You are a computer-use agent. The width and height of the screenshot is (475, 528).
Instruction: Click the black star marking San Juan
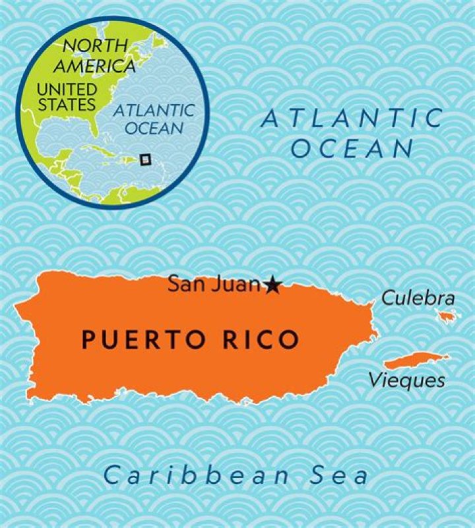pos(272,285)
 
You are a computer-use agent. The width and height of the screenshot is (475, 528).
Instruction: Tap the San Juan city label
pos(214,284)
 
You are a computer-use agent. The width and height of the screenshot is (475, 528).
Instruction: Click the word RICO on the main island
pos(260,339)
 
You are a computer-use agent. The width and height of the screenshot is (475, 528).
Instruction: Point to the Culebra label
pos(418,298)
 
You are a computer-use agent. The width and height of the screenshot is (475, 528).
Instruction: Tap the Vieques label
pos(406,380)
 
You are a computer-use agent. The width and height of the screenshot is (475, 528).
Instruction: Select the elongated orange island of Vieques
pos(416,360)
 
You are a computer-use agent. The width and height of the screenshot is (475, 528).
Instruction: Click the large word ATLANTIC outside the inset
pos(352,119)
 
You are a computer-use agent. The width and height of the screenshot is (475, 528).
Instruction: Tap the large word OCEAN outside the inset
pos(352,149)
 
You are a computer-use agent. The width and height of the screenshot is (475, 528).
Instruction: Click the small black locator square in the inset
pos(146,159)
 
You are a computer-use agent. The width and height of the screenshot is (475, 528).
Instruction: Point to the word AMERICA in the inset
pos(94,66)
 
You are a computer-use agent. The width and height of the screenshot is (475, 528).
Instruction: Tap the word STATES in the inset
pos(67,104)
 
